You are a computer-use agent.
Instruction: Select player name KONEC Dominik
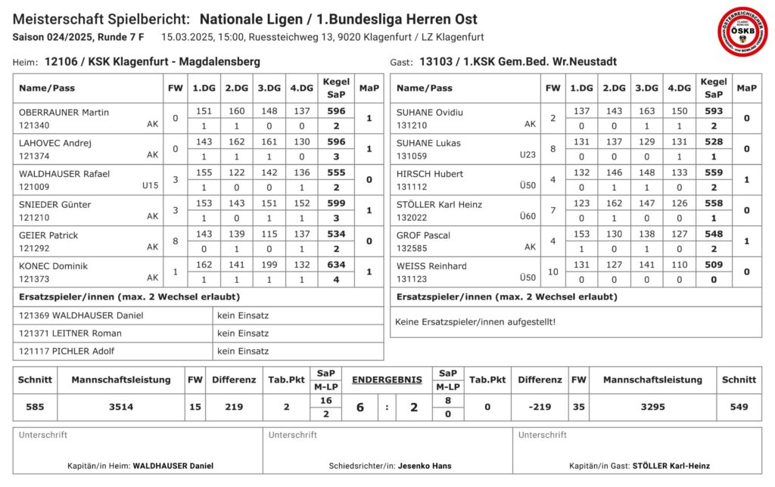54,266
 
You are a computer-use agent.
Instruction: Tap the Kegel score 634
336,265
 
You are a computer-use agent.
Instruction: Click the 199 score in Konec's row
269,265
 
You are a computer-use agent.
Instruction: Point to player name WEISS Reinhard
431,266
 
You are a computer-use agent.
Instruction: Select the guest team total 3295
652,407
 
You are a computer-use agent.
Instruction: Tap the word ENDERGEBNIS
387,380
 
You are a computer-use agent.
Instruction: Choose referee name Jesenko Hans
425,466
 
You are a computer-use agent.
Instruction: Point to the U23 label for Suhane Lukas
528,155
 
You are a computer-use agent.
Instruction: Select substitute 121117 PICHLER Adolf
70,351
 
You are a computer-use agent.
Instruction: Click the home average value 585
35,407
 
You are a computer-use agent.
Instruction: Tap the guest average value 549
739,407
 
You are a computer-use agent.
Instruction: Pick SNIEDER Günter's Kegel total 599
336,204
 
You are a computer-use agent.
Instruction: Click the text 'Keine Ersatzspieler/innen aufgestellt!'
475,322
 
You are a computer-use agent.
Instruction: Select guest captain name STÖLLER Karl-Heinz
672,466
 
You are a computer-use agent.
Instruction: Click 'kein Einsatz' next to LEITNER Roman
243,333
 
